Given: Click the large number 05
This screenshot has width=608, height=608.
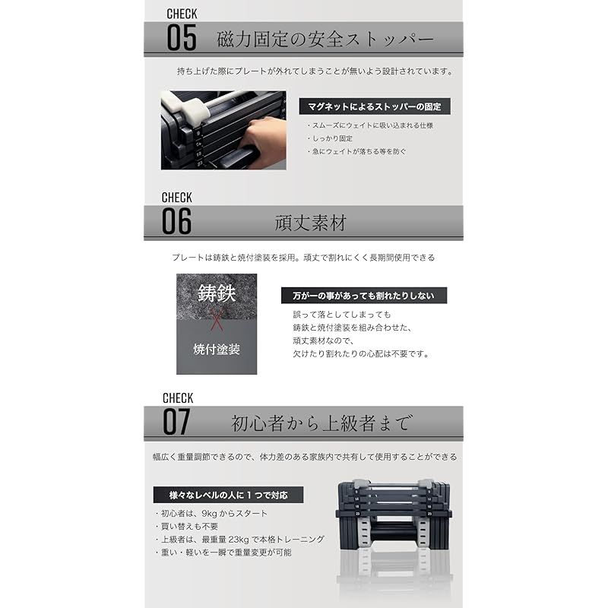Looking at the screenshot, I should coord(181,37).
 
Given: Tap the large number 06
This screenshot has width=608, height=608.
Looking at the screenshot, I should coord(177,221).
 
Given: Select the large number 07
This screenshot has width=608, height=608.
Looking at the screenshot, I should coord(177,422).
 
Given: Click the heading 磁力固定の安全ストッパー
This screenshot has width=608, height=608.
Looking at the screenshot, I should coord(325,39).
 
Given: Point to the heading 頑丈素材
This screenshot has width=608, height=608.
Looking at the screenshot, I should coord(310,223).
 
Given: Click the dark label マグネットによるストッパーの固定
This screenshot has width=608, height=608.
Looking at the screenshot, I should coord(374,106).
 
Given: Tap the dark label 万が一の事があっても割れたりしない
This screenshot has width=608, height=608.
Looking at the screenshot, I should coord(363,296).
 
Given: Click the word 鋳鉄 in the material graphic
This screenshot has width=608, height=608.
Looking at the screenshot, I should coord(217,293).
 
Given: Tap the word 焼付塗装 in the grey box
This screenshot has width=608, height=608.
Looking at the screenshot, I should coord(217,350).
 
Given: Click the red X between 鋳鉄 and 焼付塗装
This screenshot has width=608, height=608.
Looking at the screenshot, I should coord(217,321).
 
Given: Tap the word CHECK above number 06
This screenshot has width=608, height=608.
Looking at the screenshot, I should coord(177,198).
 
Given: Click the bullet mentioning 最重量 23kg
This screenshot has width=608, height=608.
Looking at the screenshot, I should coord(239,539).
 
